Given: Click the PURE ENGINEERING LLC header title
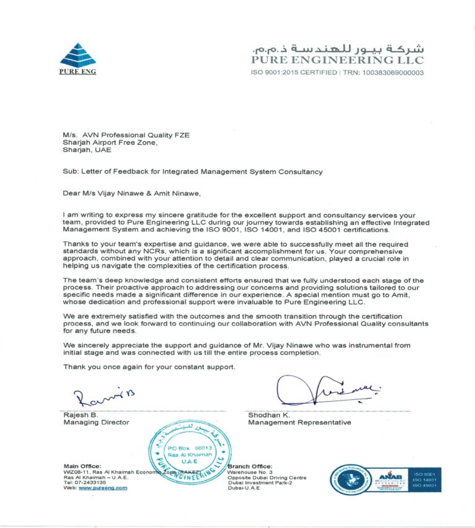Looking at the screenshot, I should click(337, 60).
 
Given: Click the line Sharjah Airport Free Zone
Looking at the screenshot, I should click(110, 142).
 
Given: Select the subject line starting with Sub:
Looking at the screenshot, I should click(192, 171).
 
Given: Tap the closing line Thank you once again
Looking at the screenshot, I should click(149, 367).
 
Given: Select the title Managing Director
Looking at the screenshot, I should click(96, 422).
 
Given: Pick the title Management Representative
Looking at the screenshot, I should click(299, 422).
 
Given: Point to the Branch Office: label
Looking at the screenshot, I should click(250, 465).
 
